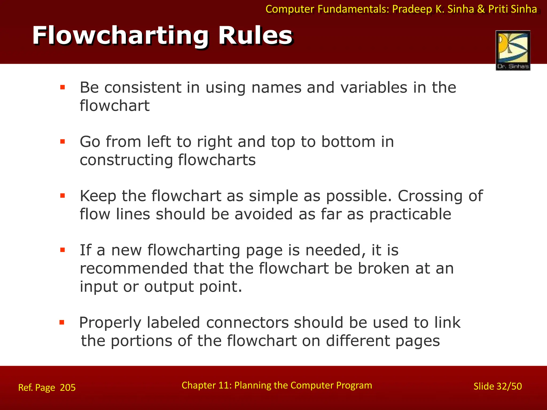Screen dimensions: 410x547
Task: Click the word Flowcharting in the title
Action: coord(120,36)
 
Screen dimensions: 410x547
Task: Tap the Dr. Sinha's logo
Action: coord(513,50)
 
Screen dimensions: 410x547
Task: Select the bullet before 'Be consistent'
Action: coord(63,87)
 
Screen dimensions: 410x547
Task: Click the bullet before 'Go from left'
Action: coord(63,141)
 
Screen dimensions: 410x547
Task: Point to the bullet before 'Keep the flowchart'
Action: coord(63,196)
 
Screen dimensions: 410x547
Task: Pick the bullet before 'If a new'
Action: coord(63,250)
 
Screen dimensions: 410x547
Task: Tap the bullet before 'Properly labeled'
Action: coord(62,322)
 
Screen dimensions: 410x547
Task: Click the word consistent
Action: coord(143,88)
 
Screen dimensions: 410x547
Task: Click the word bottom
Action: coord(348,142)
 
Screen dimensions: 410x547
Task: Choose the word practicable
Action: coord(410,214)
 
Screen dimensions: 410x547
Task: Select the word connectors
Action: coord(247,323)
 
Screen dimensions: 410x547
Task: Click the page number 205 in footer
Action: coord(68,387)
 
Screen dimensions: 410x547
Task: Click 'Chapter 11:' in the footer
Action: coord(206,385)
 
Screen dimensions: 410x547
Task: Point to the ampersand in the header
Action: coord(481,9)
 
